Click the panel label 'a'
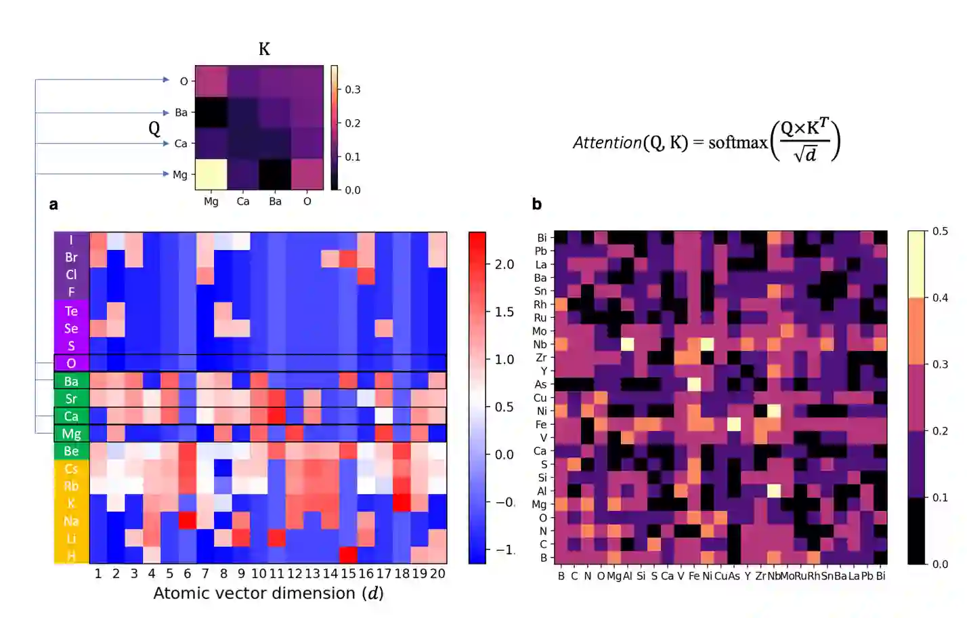point(53,205)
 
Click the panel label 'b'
point(537,204)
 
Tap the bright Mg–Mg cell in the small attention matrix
point(211,174)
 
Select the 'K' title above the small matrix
point(264,49)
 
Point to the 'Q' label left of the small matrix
point(154,128)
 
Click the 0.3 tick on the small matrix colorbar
point(353,89)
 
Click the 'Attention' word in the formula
point(607,142)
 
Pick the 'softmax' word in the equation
point(737,142)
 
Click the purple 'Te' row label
point(71,311)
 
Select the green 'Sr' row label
point(71,398)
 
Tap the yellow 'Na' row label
point(71,521)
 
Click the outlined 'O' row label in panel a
point(71,363)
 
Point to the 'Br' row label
point(71,257)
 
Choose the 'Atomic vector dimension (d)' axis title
point(268,594)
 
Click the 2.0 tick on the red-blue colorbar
point(504,264)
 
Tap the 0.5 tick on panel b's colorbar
point(940,231)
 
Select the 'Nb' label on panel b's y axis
point(540,344)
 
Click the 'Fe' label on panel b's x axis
point(694,576)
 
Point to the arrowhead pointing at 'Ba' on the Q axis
point(166,112)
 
